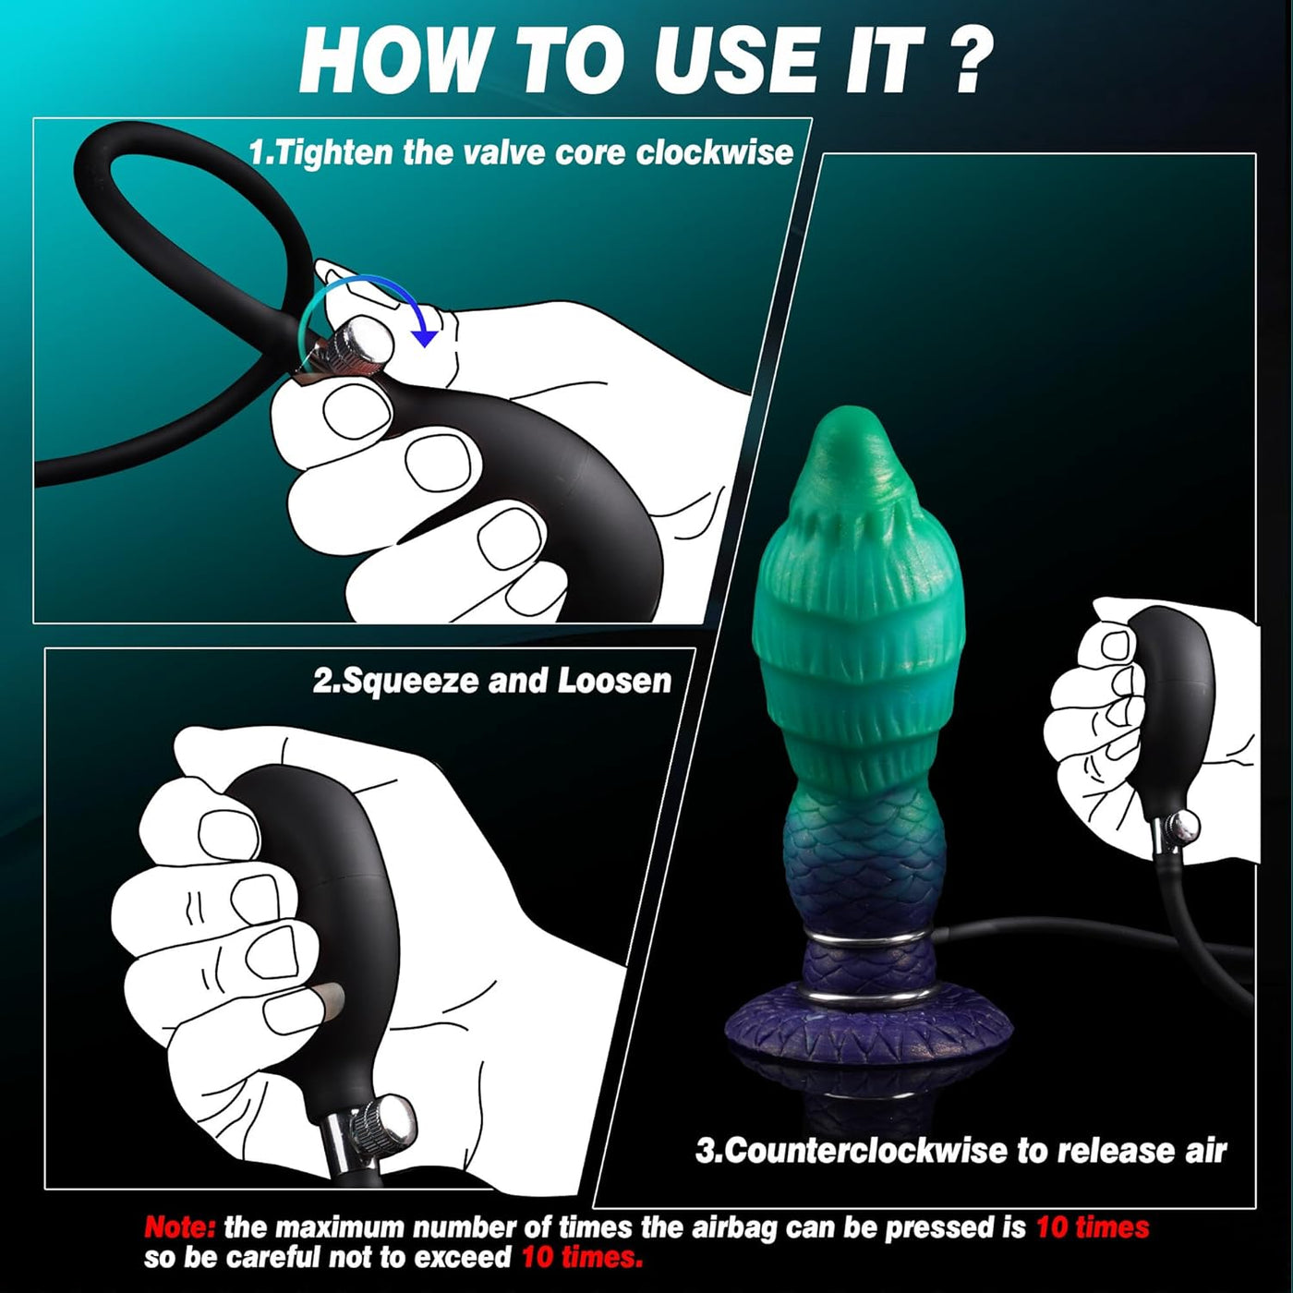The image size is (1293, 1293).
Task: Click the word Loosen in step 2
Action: point(613,681)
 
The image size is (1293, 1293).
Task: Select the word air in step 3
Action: point(1204,1151)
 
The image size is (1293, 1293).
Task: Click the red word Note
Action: point(179,1227)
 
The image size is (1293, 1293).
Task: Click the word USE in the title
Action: point(726,61)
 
